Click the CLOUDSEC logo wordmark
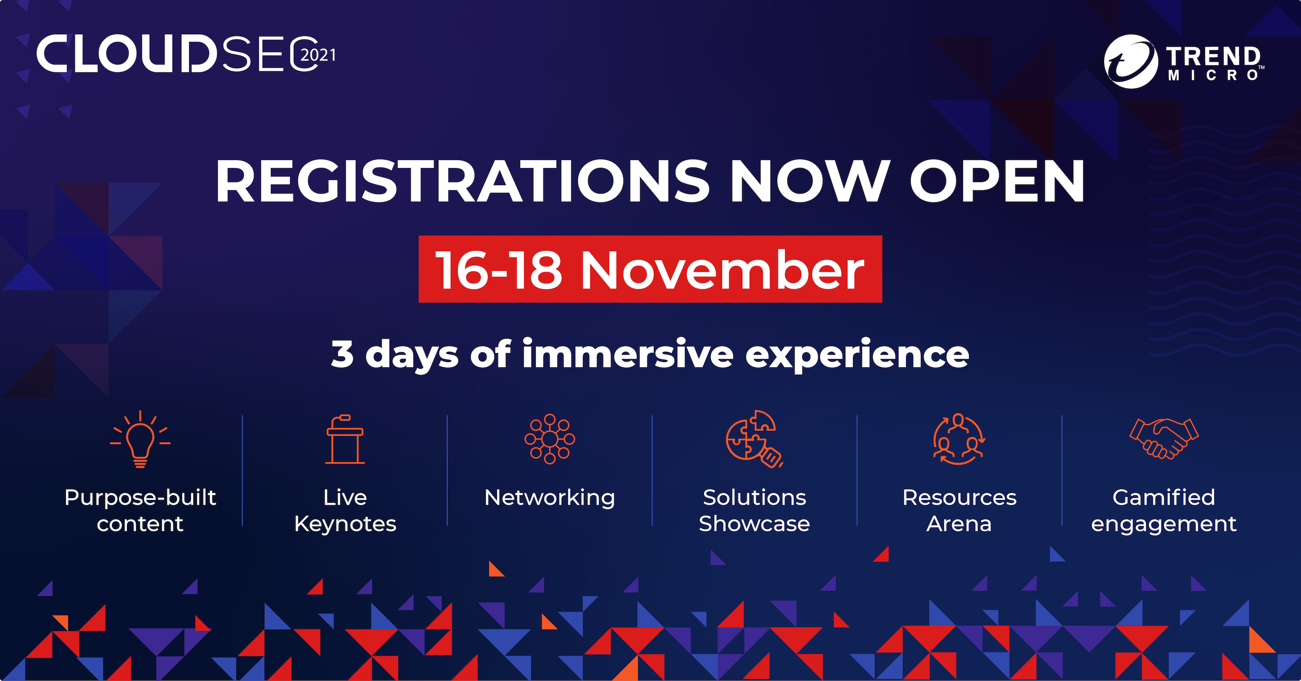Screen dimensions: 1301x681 pyautogui.click(x=177, y=54)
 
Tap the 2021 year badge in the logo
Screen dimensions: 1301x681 pyautogui.click(x=318, y=55)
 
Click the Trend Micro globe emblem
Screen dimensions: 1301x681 pyautogui.click(x=1131, y=61)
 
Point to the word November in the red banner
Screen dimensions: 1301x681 pyautogui.click(x=722, y=270)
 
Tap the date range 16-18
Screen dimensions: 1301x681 pyautogui.click(x=499, y=270)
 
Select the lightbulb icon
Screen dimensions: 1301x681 pyautogui.click(x=140, y=439)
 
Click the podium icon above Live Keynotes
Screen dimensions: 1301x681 pyautogui.click(x=345, y=439)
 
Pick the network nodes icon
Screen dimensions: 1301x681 pyautogui.click(x=550, y=439)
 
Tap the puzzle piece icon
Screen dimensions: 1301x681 pyautogui.click(x=754, y=439)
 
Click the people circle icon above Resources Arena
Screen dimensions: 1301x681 pyautogui.click(x=959, y=439)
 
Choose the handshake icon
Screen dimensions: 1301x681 pyautogui.click(x=1164, y=439)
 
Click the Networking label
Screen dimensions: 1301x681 pyautogui.click(x=550, y=498)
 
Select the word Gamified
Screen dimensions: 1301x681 pyautogui.click(x=1164, y=497)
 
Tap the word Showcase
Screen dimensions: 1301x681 pyautogui.click(x=754, y=523)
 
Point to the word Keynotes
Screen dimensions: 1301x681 pyautogui.click(x=345, y=524)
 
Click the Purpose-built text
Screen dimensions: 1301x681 pyautogui.click(x=140, y=498)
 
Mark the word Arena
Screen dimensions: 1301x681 pyautogui.click(x=959, y=523)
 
